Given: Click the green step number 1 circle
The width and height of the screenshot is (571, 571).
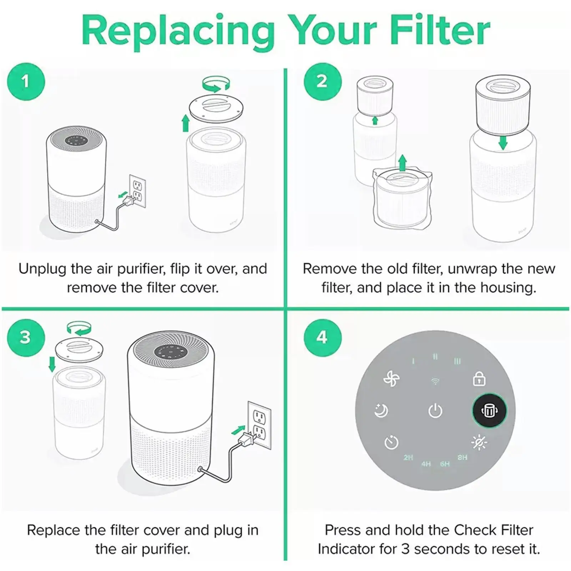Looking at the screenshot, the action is pyautogui.click(x=26, y=81).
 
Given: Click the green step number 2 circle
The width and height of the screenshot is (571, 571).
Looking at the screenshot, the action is pyautogui.click(x=322, y=81).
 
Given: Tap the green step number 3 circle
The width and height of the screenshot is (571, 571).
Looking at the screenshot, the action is pyautogui.click(x=26, y=337).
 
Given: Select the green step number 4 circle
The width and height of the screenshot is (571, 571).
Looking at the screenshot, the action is pyautogui.click(x=322, y=337).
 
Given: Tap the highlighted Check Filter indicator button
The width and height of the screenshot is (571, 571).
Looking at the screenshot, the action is pyautogui.click(x=489, y=411).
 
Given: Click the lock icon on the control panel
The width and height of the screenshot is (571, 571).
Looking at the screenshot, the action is pyautogui.click(x=479, y=379).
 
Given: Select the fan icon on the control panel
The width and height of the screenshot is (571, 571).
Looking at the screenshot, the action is pyautogui.click(x=391, y=379).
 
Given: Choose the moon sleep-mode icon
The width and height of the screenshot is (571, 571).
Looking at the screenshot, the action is pyautogui.click(x=381, y=411).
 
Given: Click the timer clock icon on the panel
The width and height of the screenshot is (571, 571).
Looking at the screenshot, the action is pyautogui.click(x=391, y=443).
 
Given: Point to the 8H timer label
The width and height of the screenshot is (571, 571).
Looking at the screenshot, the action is pyautogui.click(x=462, y=458).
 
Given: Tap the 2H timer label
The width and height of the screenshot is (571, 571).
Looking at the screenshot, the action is pyautogui.click(x=408, y=458).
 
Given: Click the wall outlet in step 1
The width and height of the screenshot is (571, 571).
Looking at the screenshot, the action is pyautogui.click(x=137, y=191).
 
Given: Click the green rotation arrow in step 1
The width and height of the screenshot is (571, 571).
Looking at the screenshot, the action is pyautogui.click(x=216, y=84).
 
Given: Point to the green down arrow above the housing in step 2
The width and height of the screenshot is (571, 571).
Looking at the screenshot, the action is pyautogui.click(x=503, y=143).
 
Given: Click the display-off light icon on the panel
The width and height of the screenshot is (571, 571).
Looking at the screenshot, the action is pyautogui.click(x=479, y=443).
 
